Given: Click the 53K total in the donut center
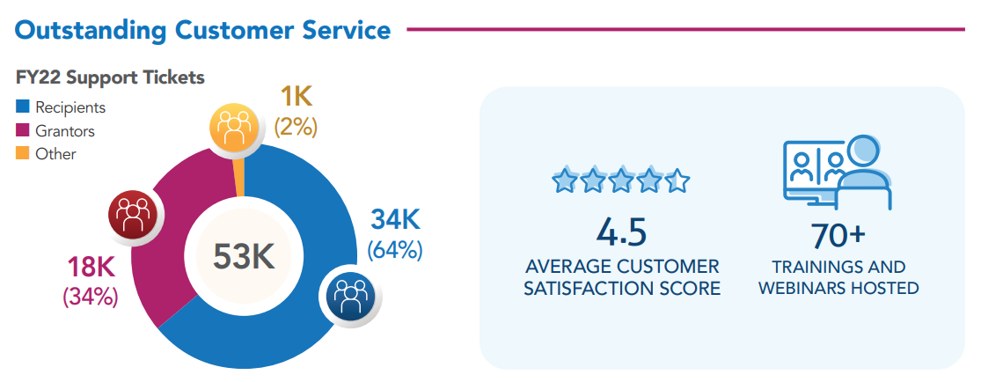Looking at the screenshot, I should click(x=244, y=255).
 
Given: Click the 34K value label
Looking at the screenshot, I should click(x=394, y=218).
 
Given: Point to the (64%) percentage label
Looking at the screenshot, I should click(x=395, y=249).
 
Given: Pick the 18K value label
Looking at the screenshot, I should click(x=92, y=266).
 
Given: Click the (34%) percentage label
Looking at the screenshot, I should click(x=90, y=297).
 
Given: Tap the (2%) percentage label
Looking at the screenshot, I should click(x=296, y=127).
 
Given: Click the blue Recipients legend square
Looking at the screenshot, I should click(x=22, y=107).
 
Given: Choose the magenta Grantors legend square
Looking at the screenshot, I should click(x=22, y=131).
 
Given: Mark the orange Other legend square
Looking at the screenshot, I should click(x=22, y=154).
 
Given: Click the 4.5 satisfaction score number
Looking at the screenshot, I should click(x=621, y=231).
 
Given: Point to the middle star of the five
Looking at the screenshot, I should click(x=621, y=181).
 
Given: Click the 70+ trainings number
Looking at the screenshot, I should click(x=838, y=235).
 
